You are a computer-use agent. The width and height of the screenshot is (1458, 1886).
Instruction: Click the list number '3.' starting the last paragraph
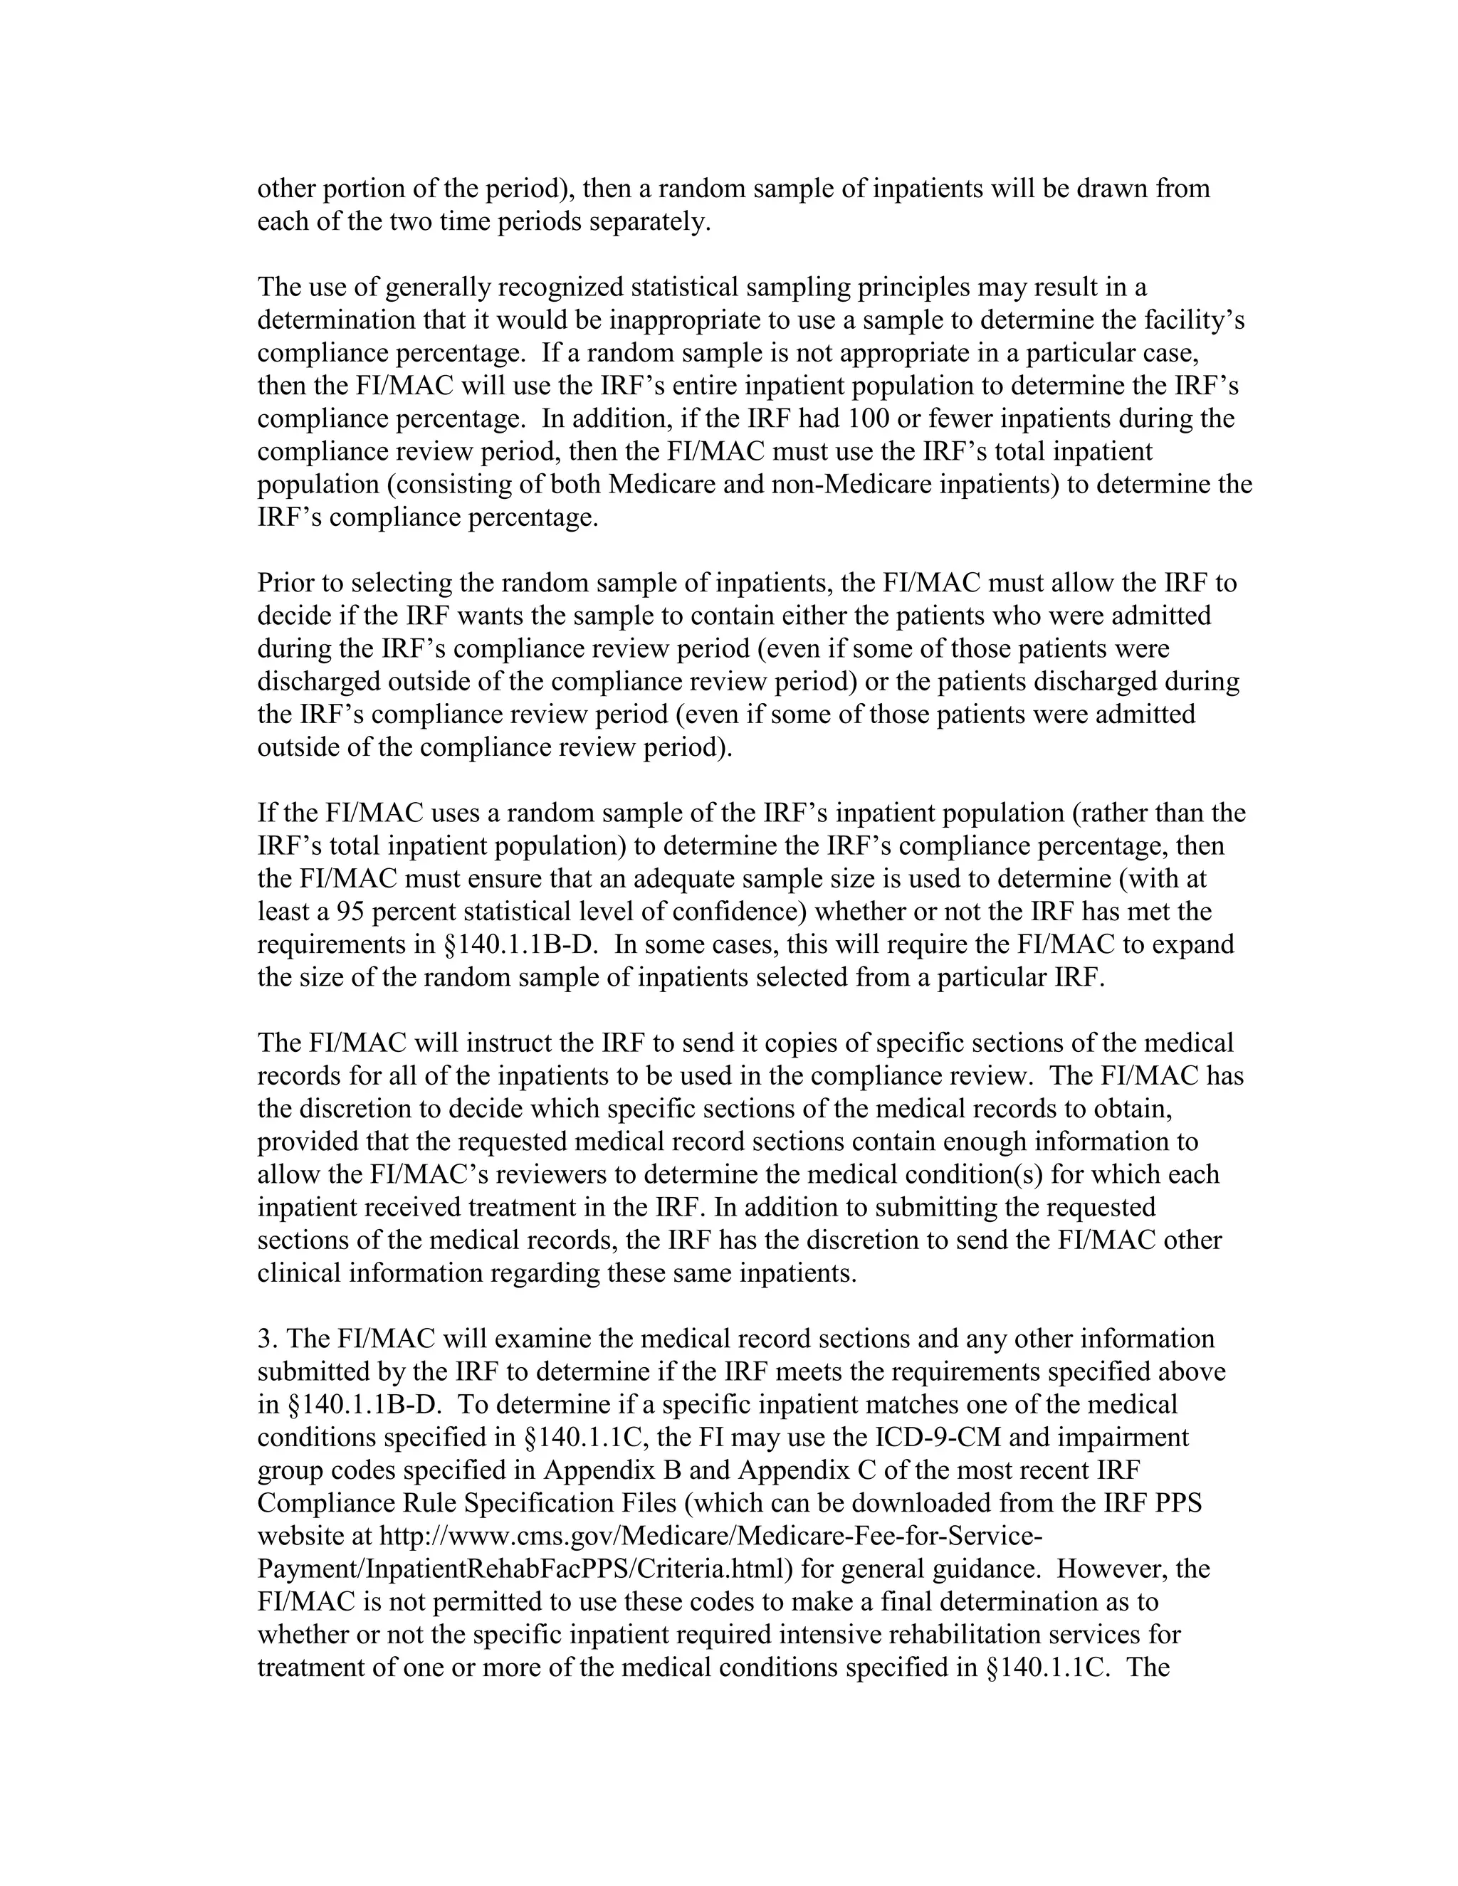pos(267,1339)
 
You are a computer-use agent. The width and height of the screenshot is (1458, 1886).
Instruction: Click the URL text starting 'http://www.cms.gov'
pos(710,1537)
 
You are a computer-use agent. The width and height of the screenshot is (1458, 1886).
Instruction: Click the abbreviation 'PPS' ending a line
pos(1176,1503)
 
